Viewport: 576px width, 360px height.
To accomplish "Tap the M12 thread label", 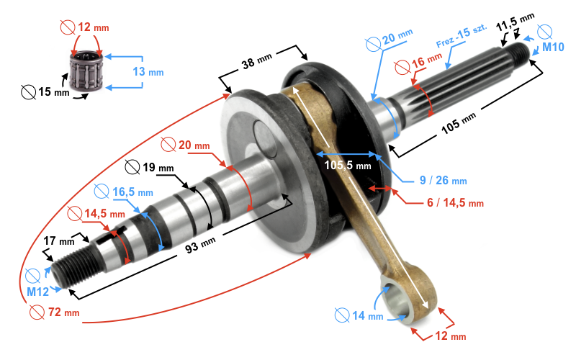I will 37,292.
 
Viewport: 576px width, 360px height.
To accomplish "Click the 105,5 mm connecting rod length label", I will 347,165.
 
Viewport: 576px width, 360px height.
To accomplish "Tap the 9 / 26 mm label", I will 444,180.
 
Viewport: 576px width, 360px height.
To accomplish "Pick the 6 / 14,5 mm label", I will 454,202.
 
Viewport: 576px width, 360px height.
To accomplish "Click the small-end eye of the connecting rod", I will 398,302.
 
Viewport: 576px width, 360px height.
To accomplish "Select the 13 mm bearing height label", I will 148,71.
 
